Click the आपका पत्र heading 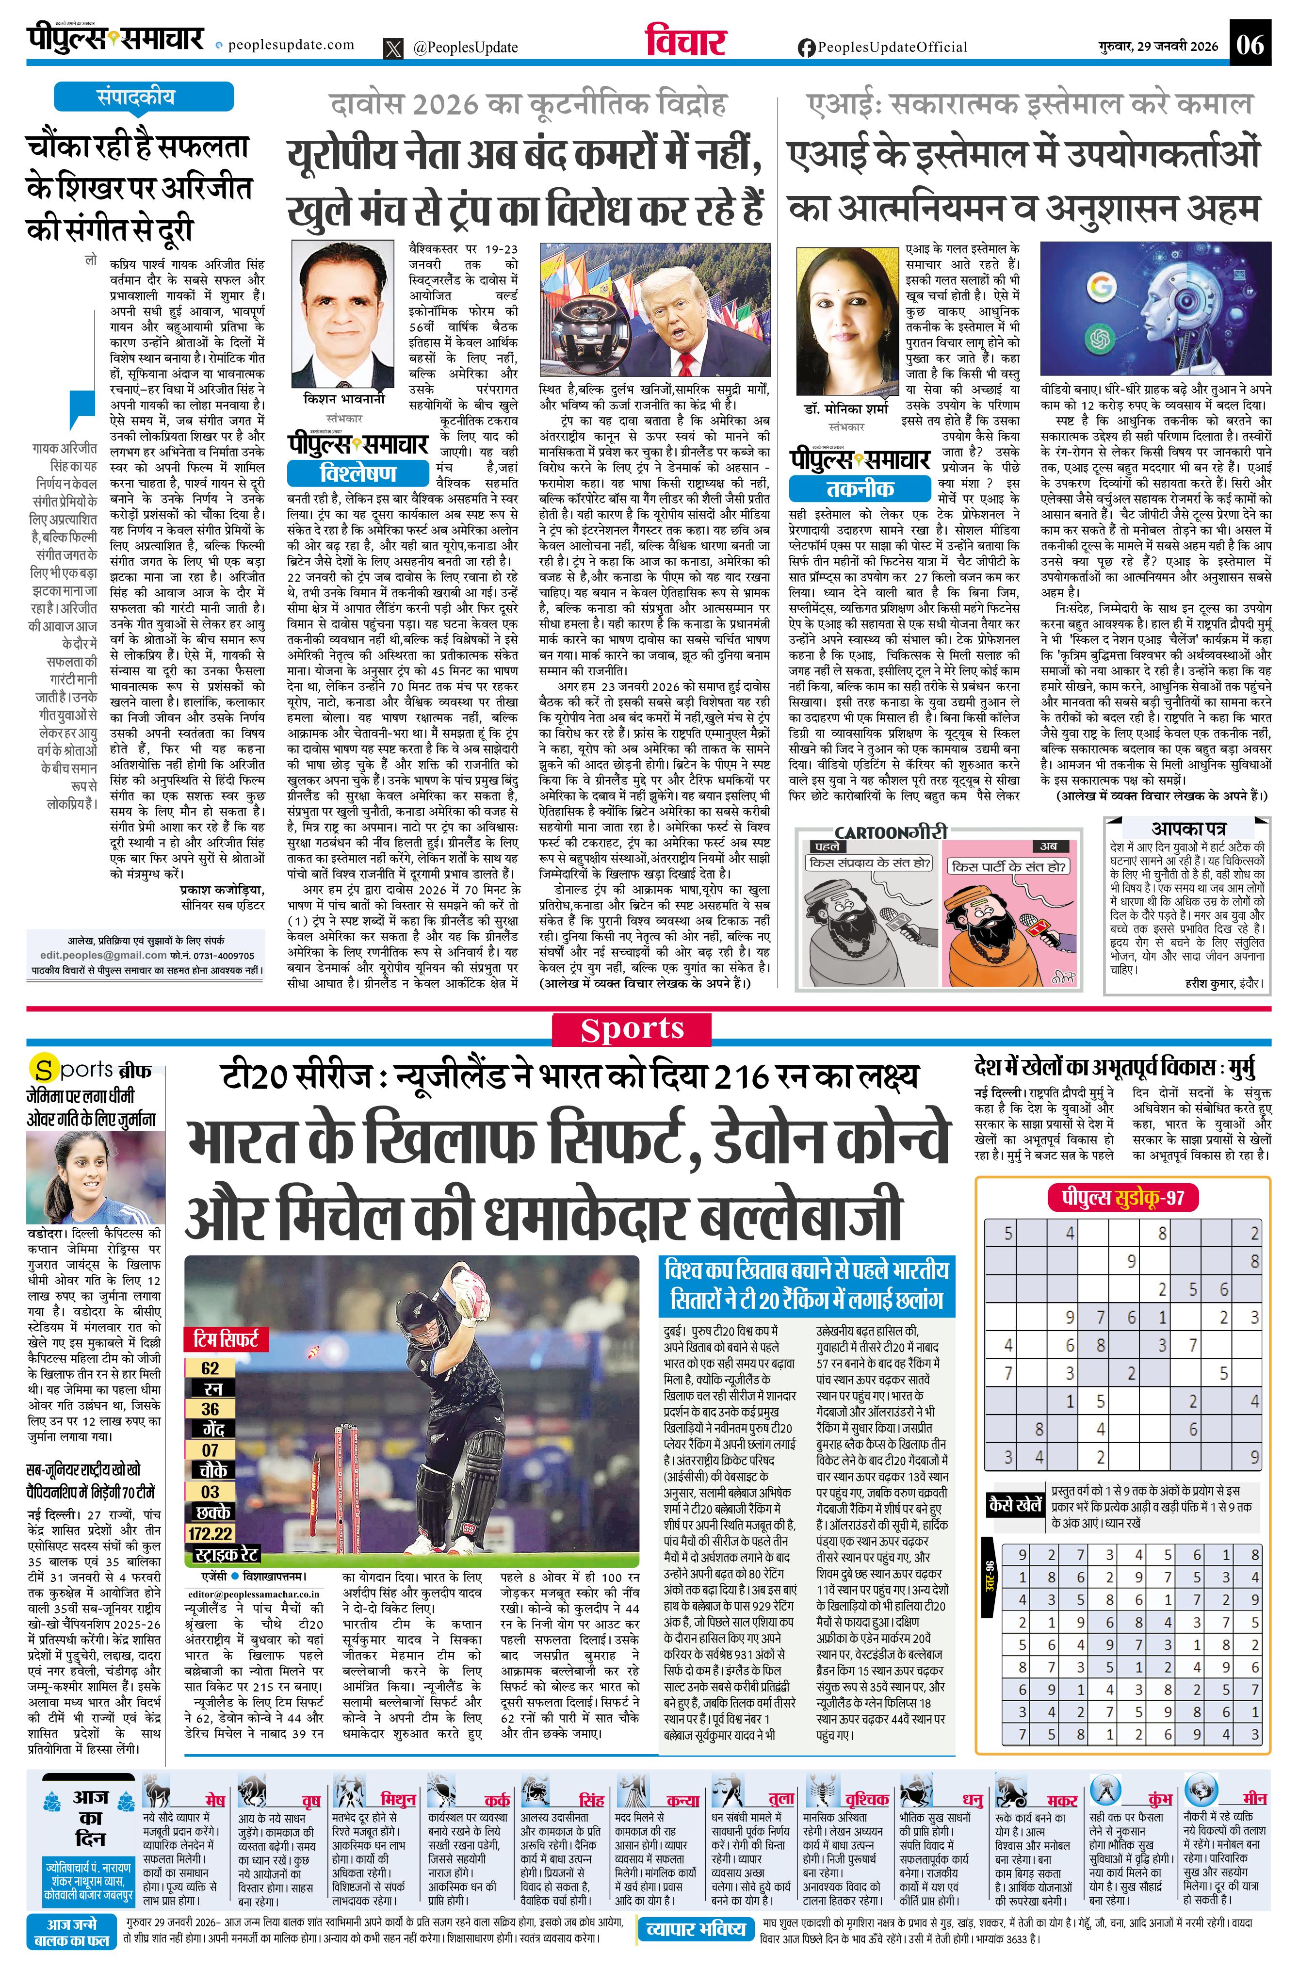(x=1188, y=829)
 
